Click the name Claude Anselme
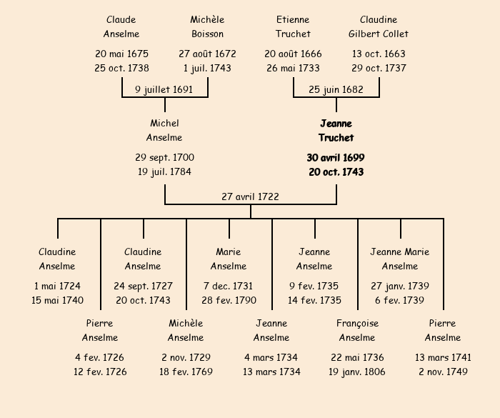[121, 26]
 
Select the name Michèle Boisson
[207, 26]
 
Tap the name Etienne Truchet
[293, 26]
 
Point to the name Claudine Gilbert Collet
[379, 26]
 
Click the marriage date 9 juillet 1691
[164, 90]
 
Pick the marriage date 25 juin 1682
[336, 90]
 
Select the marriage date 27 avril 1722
[250, 196]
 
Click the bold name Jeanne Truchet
[336, 131]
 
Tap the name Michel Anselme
[164, 131]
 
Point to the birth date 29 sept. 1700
[164, 158]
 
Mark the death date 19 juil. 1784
[164, 171]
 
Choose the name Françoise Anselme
[357, 331]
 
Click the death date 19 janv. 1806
[357, 372]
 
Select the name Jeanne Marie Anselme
[400, 259]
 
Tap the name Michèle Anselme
[186, 331]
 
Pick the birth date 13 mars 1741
[443, 357]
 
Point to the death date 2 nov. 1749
[443, 372]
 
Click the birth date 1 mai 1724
[57, 286]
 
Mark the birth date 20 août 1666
[293, 54]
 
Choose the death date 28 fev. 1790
[229, 300]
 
